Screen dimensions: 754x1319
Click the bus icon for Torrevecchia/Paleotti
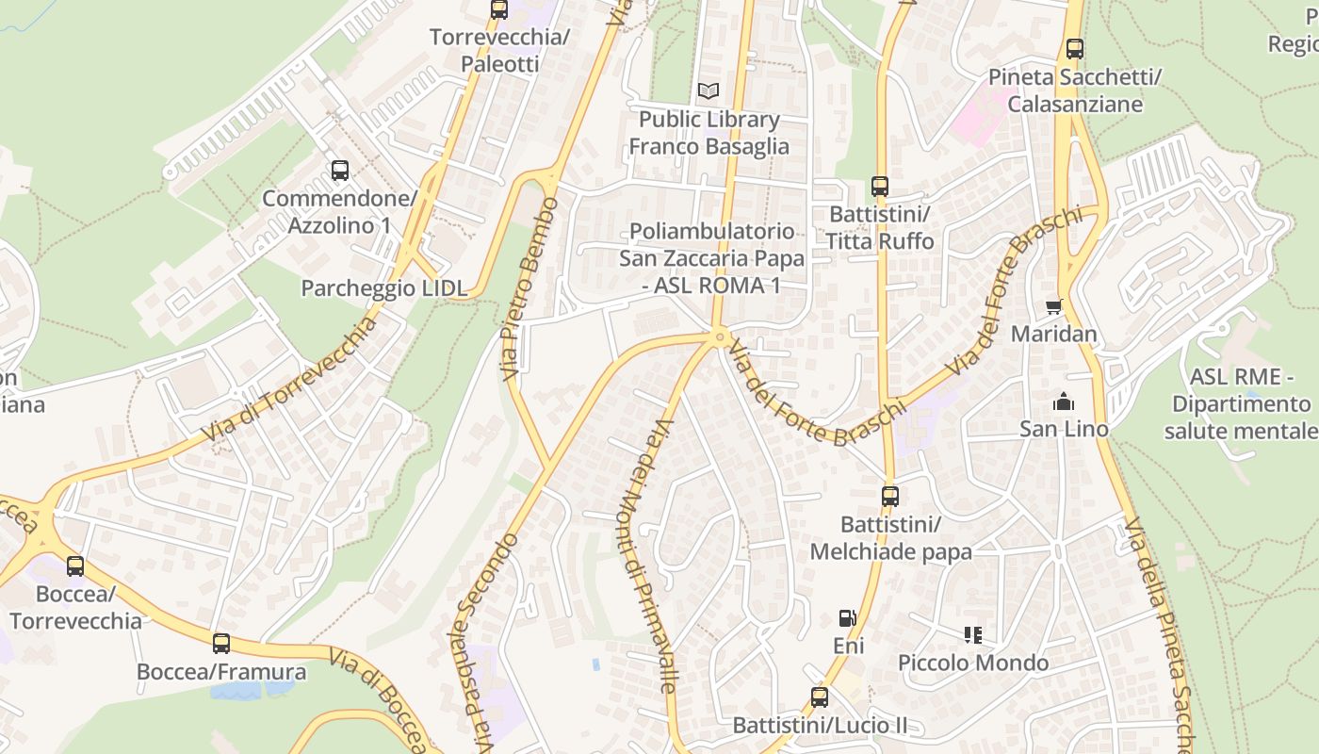pyautogui.click(x=499, y=10)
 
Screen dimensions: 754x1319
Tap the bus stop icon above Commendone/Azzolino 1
pyautogui.click(x=340, y=171)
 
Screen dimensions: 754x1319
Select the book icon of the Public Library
pyautogui.click(x=708, y=91)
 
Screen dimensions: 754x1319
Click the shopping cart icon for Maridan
pyautogui.click(x=1053, y=306)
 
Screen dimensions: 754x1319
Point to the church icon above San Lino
pyautogui.click(x=1064, y=402)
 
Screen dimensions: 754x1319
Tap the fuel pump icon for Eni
pyautogui.click(x=848, y=618)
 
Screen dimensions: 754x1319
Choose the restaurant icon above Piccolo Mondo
pyautogui.click(x=973, y=635)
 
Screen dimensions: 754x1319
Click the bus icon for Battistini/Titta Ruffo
pyautogui.click(x=880, y=187)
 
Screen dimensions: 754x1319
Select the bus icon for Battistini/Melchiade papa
pyautogui.click(x=890, y=496)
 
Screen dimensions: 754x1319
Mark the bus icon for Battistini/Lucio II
pyautogui.click(x=820, y=697)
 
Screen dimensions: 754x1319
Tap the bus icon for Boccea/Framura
pyautogui.click(x=221, y=644)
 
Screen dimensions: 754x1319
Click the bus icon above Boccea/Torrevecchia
pyautogui.click(x=75, y=566)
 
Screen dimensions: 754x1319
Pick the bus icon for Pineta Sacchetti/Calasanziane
pyautogui.click(x=1074, y=49)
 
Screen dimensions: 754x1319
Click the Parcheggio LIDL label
pyautogui.click(x=383, y=288)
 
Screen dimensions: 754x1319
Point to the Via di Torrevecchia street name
pyautogui.click(x=290, y=380)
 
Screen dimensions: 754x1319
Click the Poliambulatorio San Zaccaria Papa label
pyautogui.click(x=711, y=258)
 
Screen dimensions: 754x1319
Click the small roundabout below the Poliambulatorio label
pyautogui.click(x=720, y=336)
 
